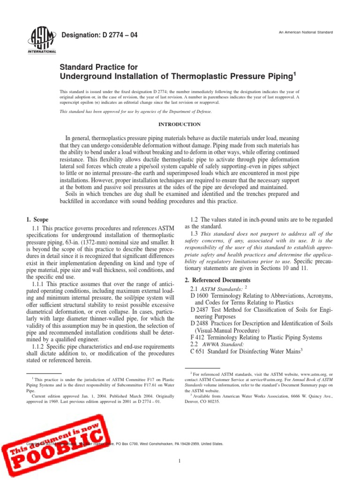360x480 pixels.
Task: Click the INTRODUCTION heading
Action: pos(180,125)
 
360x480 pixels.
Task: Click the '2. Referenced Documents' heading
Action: pos(218,280)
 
